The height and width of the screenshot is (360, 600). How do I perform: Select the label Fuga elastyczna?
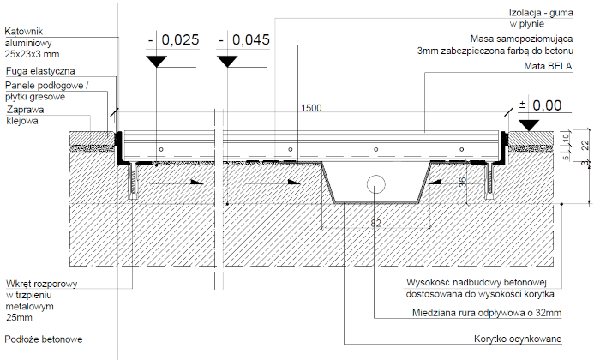[41, 71]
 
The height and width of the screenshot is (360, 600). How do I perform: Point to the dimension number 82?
[375, 223]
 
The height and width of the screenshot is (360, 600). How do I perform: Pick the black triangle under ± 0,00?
[530, 124]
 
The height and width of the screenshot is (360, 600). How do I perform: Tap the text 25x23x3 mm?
[31, 54]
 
